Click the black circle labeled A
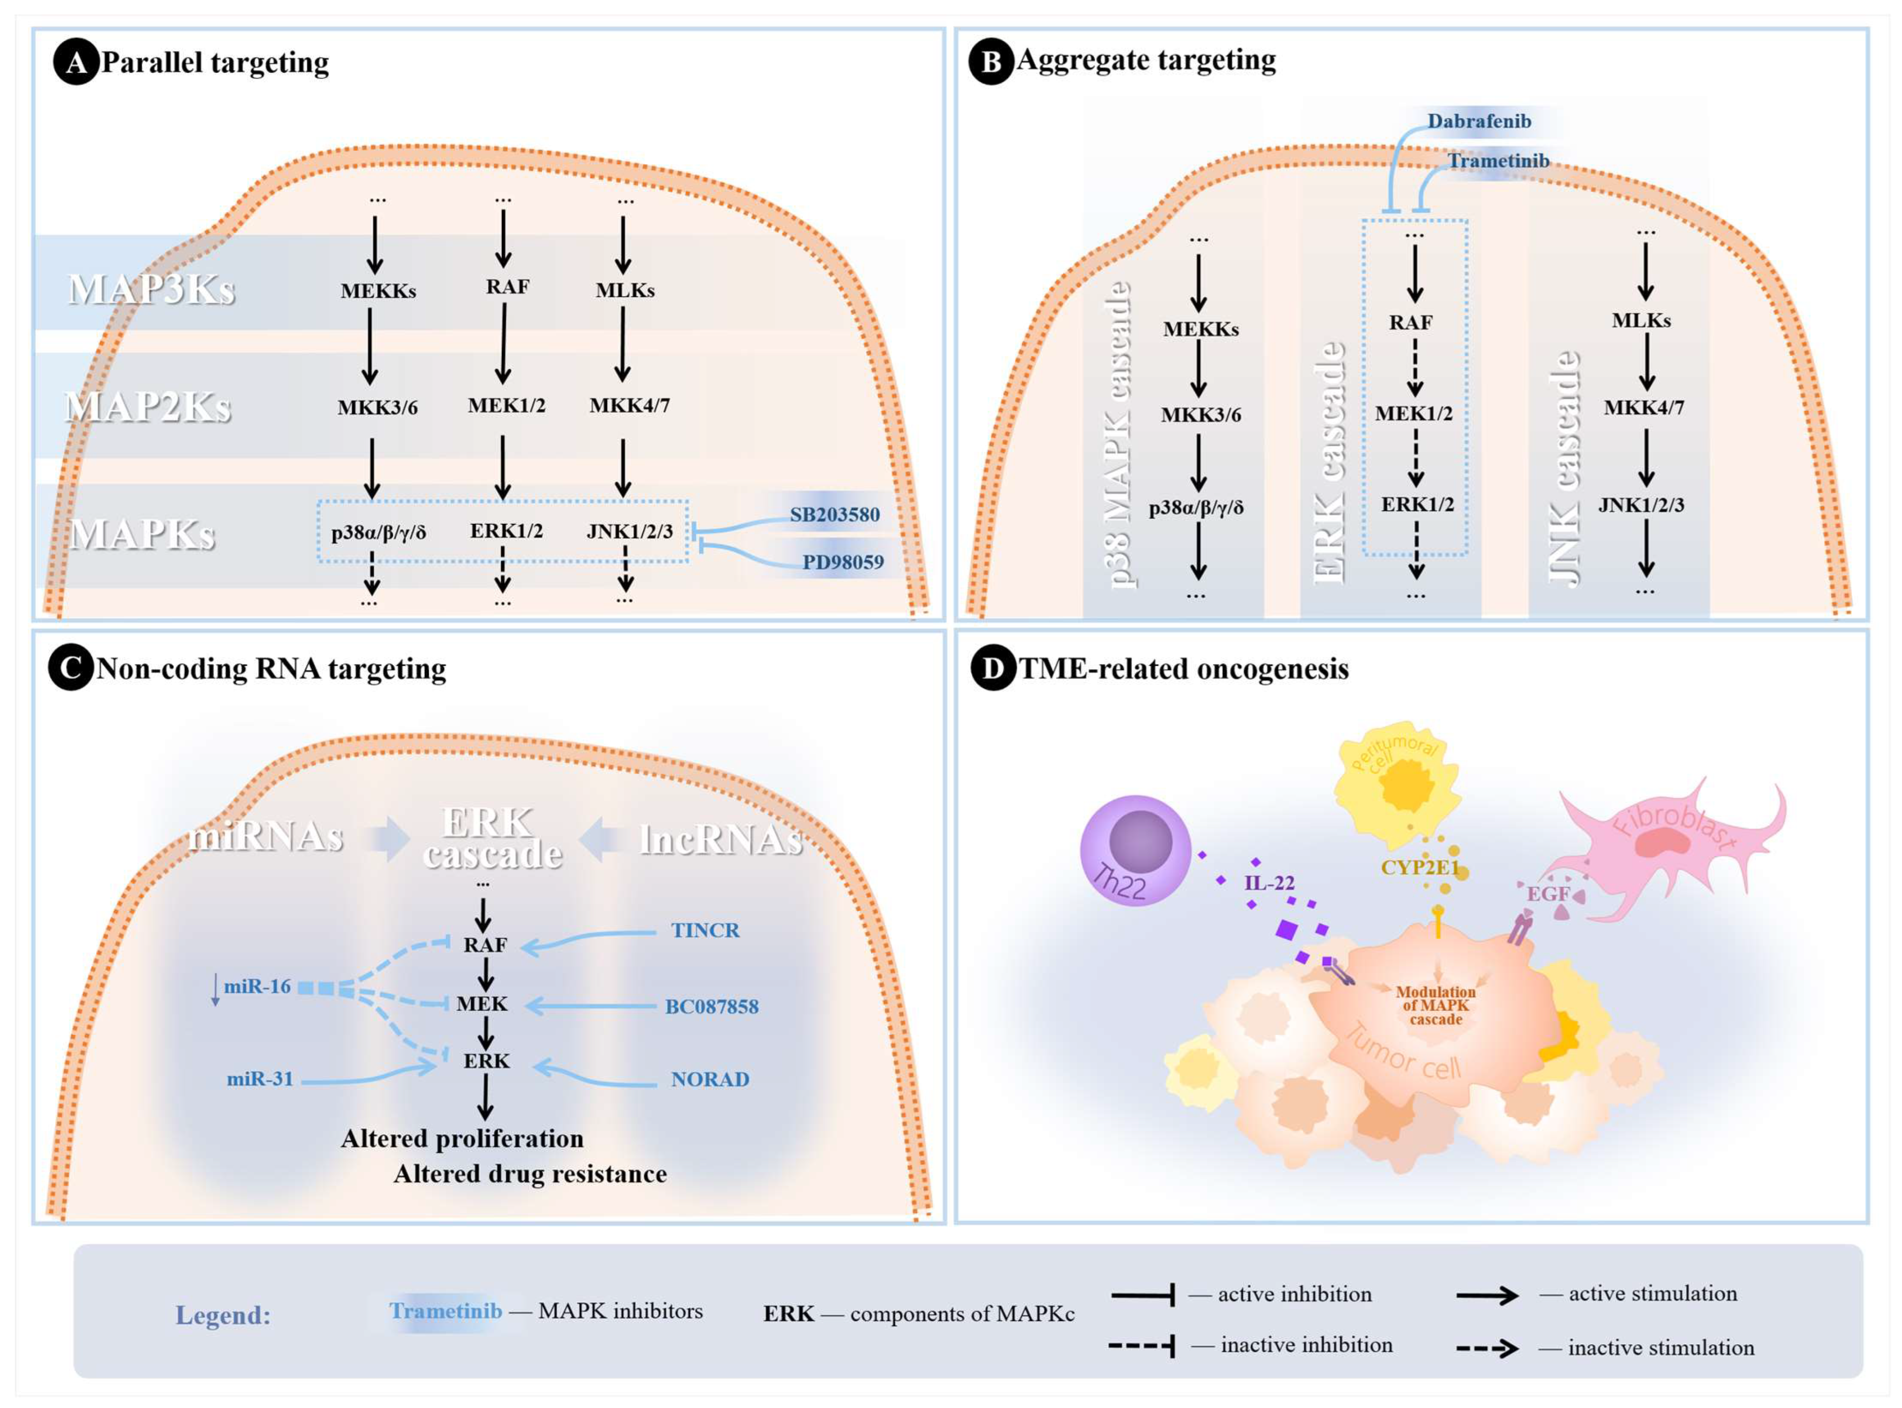coord(76,64)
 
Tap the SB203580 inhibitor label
coord(834,515)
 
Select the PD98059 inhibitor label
coord(842,562)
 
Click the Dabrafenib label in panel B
coord(1479,121)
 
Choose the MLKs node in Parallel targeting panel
coord(625,291)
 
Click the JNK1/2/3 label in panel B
coord(1641,505)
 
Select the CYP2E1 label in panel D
coord(1419,867)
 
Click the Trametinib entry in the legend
coord(445,1311)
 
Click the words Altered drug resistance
coord(529,1175)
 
